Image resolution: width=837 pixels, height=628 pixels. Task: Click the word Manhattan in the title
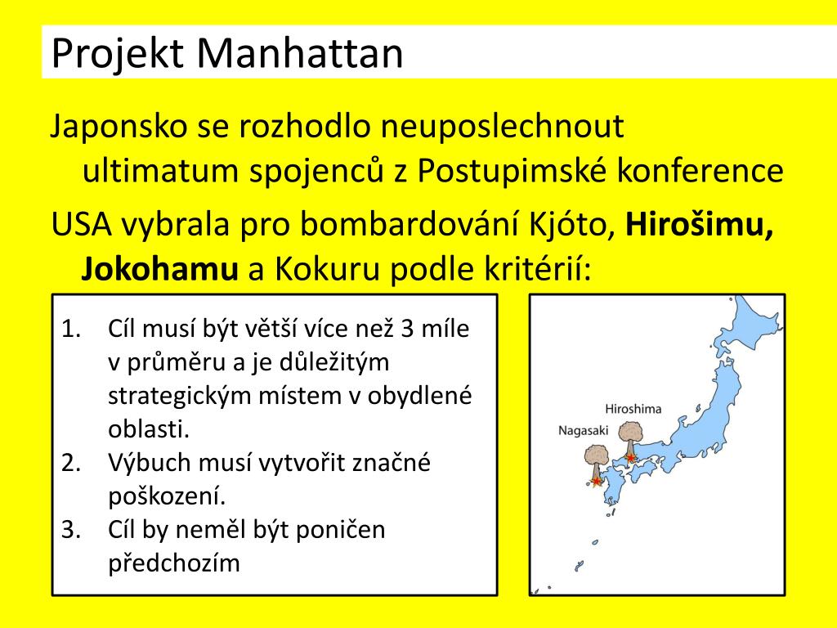tap(300, 53)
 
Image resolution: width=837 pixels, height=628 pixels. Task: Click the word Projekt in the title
tap(118, 55)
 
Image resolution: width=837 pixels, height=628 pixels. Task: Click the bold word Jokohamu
tap(159, 269)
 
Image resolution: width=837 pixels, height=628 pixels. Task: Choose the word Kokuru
tap(328, 269)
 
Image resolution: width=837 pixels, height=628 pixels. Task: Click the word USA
tap(82, 224)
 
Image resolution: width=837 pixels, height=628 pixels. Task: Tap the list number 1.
tap(71, 329)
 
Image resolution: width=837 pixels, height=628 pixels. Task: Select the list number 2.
tap(71, 463)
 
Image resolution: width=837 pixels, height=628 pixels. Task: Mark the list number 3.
tap(71, 530)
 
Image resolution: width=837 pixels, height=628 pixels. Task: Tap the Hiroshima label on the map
tap(633, 409)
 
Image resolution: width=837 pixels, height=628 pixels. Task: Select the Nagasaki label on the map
tap(583, 430)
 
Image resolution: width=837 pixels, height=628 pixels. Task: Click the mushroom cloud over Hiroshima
tap(631, 440)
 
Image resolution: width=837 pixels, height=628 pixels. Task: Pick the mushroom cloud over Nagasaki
tap(597, 464)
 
